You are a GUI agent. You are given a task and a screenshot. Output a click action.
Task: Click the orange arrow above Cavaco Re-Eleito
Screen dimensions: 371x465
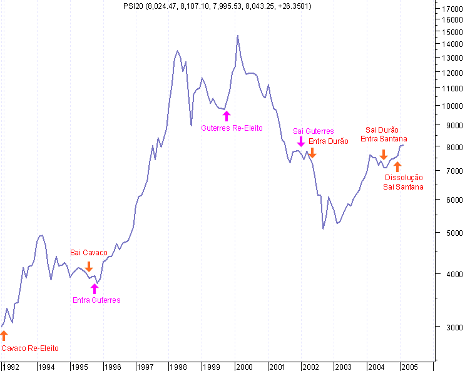4,336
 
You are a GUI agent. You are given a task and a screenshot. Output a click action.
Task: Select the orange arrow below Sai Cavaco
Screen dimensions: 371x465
88,267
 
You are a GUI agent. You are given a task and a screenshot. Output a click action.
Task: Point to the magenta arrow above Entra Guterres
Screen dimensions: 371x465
95,288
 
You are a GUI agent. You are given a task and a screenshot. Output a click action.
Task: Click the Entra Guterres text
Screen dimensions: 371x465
96,300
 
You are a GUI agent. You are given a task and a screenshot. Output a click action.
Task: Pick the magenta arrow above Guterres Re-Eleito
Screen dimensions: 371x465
227,116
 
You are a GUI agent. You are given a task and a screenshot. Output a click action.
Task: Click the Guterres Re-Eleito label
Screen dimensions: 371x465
232,128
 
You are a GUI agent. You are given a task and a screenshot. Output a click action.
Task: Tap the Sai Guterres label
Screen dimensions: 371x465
313,131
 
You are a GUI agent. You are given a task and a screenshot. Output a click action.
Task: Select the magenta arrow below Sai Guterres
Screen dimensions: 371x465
301,142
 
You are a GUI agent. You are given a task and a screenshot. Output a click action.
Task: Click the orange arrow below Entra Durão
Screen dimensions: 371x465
313,152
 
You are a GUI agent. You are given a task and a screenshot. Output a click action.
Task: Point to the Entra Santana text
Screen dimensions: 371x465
384,139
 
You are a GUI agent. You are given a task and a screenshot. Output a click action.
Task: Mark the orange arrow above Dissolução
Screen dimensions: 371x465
397,166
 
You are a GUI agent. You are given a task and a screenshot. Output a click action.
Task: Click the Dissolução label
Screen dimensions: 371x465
404,178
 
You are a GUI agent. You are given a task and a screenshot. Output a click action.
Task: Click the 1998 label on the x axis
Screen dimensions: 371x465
178,367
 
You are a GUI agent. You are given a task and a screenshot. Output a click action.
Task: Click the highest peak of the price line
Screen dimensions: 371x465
238,36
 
